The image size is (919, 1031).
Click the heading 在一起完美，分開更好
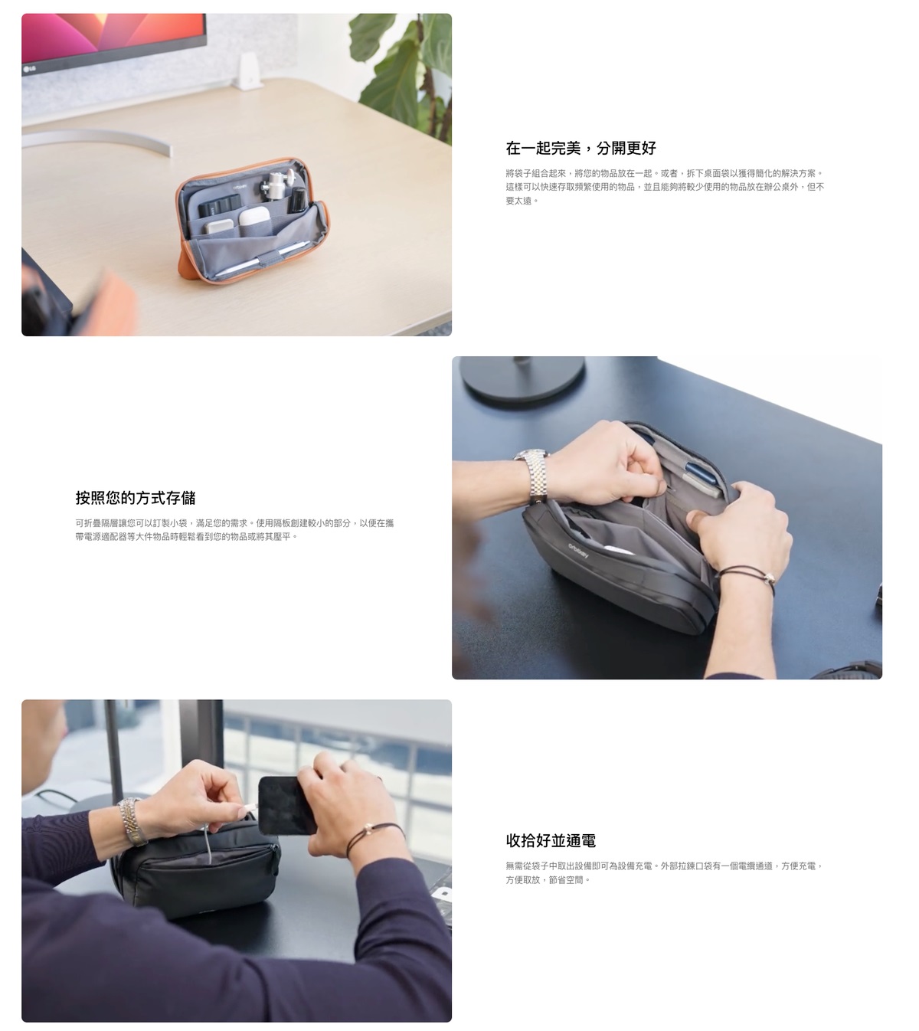581,148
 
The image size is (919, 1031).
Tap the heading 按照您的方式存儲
136,497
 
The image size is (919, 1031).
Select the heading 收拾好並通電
551,840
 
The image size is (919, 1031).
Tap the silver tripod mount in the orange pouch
275,184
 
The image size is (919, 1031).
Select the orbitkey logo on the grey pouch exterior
578,552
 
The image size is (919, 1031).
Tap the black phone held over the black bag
284,805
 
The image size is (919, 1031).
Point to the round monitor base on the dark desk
522,378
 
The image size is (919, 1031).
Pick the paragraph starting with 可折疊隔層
234,530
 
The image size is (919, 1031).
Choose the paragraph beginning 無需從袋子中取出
664,872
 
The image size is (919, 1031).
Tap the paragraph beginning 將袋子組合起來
665,187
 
